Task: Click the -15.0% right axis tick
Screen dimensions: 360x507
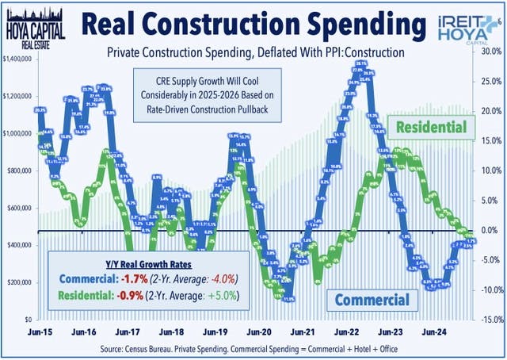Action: (490, 320)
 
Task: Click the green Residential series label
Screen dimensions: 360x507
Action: (431, 127)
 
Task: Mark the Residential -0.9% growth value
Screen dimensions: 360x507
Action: (132, 297)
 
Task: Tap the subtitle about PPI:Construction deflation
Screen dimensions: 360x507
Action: (252, 52)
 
